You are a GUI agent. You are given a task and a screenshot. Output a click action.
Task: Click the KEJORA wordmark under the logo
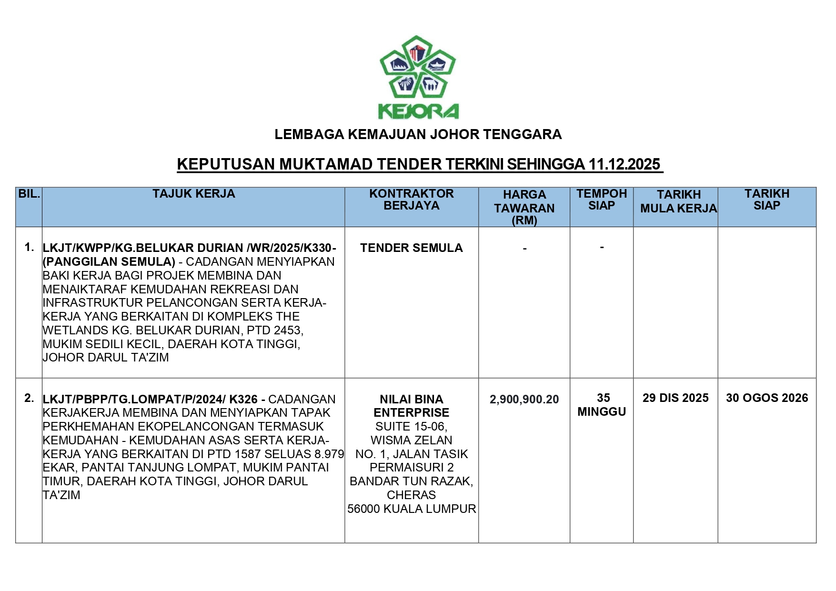point(418,111)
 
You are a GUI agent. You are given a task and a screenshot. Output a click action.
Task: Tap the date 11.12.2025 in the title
point(624,164)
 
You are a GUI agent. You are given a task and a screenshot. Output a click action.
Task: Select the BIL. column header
point(29,194)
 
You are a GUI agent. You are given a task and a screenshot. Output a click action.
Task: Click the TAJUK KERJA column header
point(193,194)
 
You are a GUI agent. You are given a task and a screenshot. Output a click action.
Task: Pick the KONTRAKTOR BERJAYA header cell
point(411,200)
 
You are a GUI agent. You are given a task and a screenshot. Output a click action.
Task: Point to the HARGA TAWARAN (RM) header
point(524,207)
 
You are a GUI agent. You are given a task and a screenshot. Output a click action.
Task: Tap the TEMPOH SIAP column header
point(602,200)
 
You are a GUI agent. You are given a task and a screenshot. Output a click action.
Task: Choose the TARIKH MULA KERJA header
point(678,201)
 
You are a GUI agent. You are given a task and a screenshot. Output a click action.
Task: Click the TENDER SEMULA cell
point(411,248)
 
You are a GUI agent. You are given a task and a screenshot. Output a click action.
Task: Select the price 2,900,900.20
point(524,399)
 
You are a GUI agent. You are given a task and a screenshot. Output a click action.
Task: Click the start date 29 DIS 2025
point(675,398)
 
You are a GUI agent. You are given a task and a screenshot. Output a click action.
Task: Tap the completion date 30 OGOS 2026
point(766,398)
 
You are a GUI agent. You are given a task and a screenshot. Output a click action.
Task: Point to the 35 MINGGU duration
point(602,404)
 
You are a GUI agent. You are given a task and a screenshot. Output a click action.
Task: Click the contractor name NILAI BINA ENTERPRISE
point(411,406)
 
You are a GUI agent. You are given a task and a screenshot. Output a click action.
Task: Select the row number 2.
point(29,398)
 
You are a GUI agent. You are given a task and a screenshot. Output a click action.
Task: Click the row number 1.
point(29,247)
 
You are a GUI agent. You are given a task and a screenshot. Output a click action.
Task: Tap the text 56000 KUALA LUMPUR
point(411,509)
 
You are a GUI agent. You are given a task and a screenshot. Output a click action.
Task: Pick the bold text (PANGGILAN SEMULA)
point(109,261)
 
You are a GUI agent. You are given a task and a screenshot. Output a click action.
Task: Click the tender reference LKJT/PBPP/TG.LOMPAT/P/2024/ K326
point(150,399)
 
